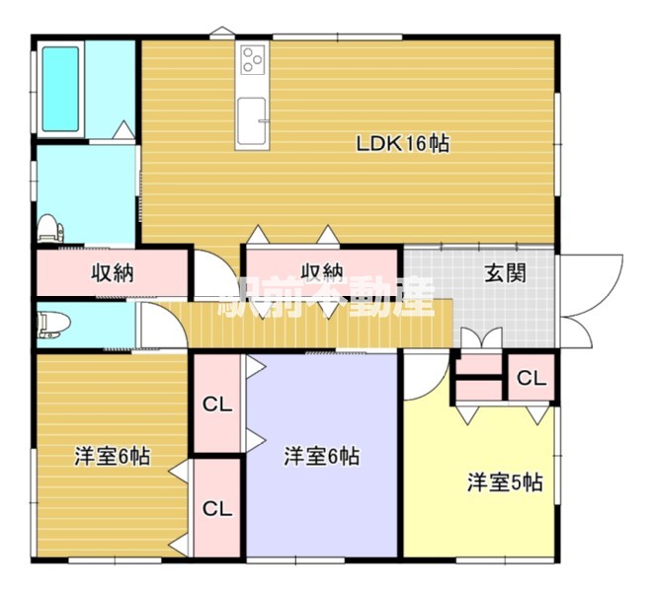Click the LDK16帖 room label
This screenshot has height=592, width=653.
click(403, 144)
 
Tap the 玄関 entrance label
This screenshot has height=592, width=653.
click(505, 273)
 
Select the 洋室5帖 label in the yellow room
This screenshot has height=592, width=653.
click(505, 482)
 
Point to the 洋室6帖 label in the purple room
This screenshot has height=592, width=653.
click(322, 456)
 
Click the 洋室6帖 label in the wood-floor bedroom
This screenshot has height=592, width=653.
click(113, 456)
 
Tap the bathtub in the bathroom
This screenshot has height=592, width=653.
click(60, 89)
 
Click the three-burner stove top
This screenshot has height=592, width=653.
click(252, 59)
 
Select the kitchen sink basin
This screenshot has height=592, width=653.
click(252, 119)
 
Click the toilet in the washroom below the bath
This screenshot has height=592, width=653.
click(50, 228)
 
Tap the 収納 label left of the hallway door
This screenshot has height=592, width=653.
click(113, 273)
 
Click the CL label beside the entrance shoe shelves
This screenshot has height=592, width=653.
click(531, 379)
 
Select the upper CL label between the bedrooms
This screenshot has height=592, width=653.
click(217, 405)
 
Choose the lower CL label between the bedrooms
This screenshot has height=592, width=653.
click(217, 508)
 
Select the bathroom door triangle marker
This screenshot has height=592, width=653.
click(123, 129)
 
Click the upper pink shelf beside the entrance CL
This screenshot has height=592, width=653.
click(479, 364)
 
